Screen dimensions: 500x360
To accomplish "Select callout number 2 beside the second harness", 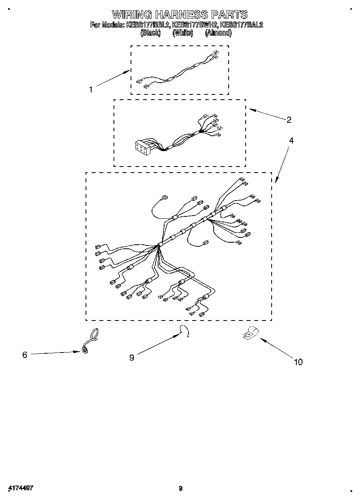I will coord(289,120).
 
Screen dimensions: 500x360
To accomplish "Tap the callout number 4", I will coord(291,141).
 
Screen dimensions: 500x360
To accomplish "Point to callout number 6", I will coord(25,355).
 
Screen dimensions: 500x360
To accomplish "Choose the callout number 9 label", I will coord(131,357).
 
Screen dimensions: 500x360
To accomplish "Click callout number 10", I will coord(298,362).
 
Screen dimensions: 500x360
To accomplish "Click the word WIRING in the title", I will coord(132,15).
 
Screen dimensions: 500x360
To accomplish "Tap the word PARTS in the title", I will coord(229,15).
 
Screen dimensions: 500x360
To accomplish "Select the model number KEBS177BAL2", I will coord(241,25).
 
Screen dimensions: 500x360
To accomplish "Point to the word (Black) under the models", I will coord(150,33).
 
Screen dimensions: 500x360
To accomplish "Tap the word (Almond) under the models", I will coord(218,33).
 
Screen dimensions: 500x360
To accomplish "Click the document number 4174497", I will coord(20,488).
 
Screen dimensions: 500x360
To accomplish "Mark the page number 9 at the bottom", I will coord(181,488).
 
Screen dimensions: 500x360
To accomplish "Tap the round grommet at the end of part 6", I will coord(85,350).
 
